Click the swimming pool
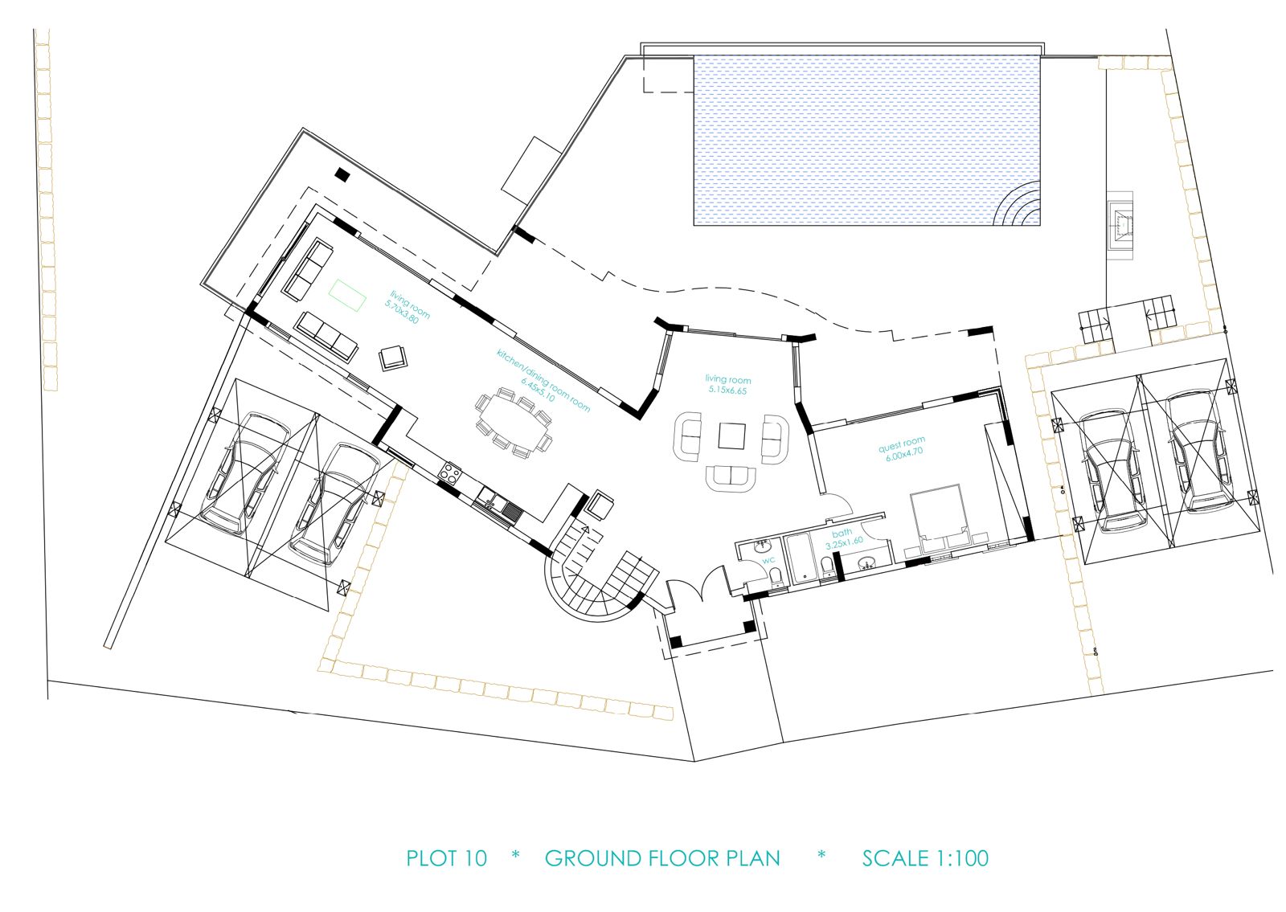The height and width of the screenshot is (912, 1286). [867, 140]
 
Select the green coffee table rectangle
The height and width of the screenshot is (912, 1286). [347, 295]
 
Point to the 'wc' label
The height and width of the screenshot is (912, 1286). [768, 559]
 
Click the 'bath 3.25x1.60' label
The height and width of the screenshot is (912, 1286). [844, 538]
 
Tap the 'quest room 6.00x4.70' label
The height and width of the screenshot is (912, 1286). [903, 448]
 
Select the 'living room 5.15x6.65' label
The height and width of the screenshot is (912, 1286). [728, 385]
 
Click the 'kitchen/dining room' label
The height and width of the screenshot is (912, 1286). [543, 379]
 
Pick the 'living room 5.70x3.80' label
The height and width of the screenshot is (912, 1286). [407, 307]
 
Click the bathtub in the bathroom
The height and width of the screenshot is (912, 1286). [799, 557]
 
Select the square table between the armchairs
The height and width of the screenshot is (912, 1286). [732, 436]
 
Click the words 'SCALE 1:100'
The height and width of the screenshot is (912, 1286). [925, 858]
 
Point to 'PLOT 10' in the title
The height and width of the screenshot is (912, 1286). [446, 858]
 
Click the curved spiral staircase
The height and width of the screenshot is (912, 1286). [597, 579]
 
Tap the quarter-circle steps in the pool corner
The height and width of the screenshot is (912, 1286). [1019, 204]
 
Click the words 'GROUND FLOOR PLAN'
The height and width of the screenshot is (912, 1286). [662, 858]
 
